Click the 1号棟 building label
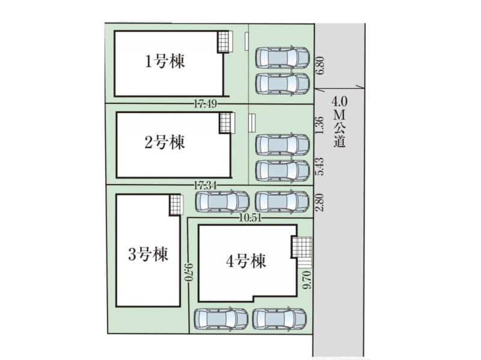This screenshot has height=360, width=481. (x=165, y=61)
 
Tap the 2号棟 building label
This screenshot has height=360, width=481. (x=165, y=142)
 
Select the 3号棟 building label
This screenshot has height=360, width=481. (x=148, y=254)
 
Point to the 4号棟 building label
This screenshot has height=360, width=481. (x=246, y=261)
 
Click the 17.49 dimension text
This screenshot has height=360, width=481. (x=205, y=104)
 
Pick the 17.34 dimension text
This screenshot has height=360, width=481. (x=205, y=185)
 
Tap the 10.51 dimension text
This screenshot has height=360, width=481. (x=251, y=218)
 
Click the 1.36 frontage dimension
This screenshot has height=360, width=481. (x=319, y=124)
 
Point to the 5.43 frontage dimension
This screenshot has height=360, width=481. (x=319, y=166)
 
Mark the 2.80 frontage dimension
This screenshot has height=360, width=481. (x=319, y=202)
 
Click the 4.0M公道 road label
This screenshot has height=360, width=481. (x=340, y=122)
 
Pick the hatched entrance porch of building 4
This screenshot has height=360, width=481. (x=301, y=247)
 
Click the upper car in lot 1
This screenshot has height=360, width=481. (x=282, y=57)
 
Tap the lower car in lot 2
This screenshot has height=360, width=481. (x=282, y=171)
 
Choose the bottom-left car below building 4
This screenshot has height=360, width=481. (x=221, y=319)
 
